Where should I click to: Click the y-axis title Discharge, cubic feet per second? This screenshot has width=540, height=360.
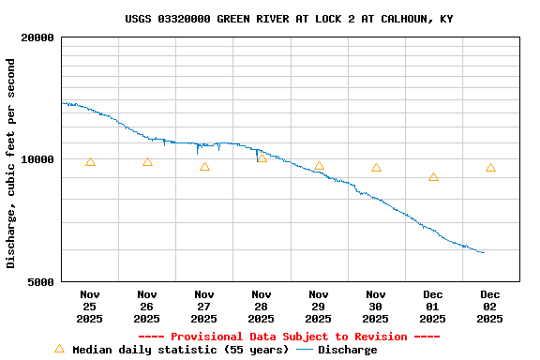click(x=11, y=163)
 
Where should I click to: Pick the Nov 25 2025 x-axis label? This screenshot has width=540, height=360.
click(x=90, y=307)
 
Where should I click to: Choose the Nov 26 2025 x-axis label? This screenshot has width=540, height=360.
click(x=147, y=307)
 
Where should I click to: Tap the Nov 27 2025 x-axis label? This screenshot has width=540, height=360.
click(x=204, y=307)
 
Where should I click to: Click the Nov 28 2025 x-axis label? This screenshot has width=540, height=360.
click(x=262, y=307)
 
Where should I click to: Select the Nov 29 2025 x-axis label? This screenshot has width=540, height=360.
click(x=319, y=307)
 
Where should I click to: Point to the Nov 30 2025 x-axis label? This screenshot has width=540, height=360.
click(x=376, y=307)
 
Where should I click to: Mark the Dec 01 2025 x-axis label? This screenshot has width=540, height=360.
click(x=433, y=307)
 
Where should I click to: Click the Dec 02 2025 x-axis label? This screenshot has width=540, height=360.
click(x=490, y=307)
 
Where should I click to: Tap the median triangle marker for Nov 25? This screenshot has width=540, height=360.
click(x=90, y=162)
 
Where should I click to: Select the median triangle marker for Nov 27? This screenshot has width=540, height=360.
click(x=204, y=167)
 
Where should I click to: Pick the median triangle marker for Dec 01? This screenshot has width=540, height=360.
click(x=433, y=177)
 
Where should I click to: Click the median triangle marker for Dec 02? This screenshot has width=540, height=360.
click(x=490, y=168)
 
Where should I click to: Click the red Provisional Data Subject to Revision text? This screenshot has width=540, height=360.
click(x=289, y=337)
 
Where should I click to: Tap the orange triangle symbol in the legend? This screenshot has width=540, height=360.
click(x=60, y=349)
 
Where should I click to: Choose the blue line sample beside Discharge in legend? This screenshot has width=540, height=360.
click(x=305, y=350)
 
